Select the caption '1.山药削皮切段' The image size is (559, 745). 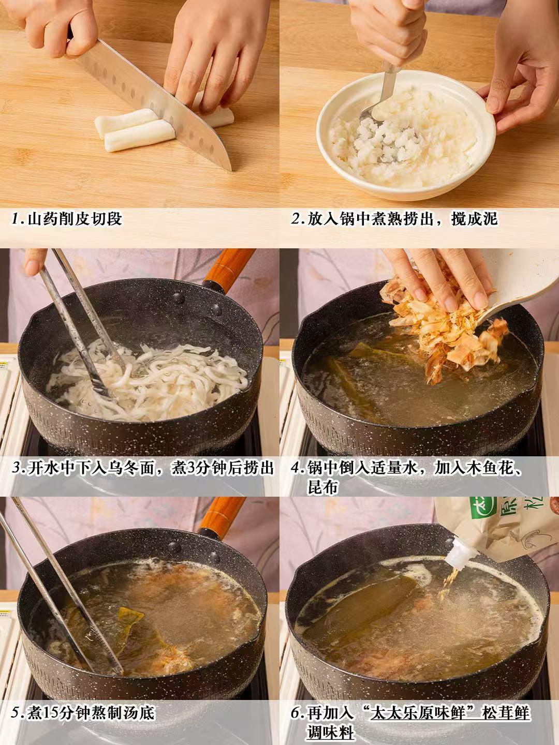[67, 219]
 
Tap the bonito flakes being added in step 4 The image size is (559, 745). [440, 321]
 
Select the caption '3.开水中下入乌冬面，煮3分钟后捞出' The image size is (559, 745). [143, 468]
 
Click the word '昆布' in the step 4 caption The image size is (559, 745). [322, 488]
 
